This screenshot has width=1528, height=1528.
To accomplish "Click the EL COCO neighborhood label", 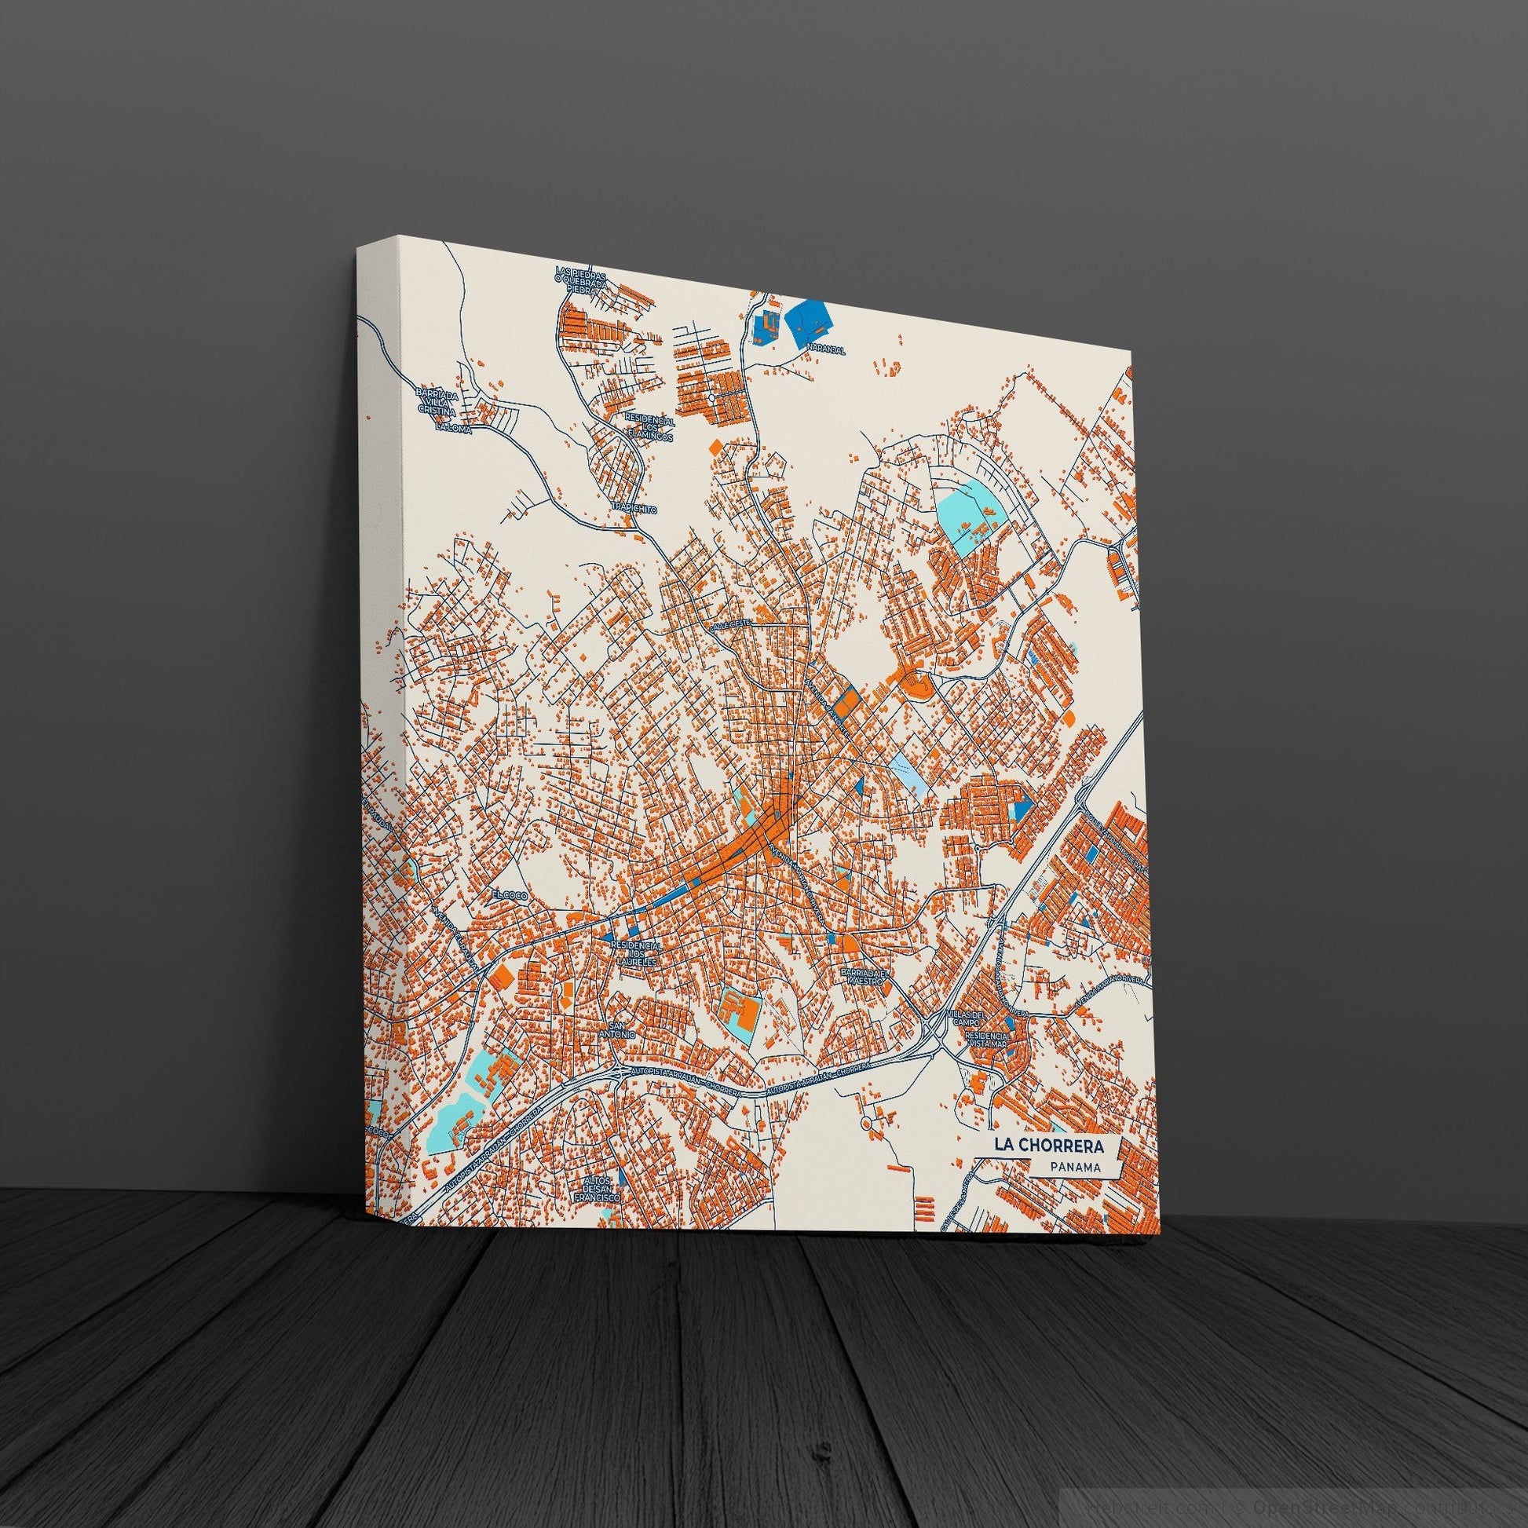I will coord(507,894).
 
